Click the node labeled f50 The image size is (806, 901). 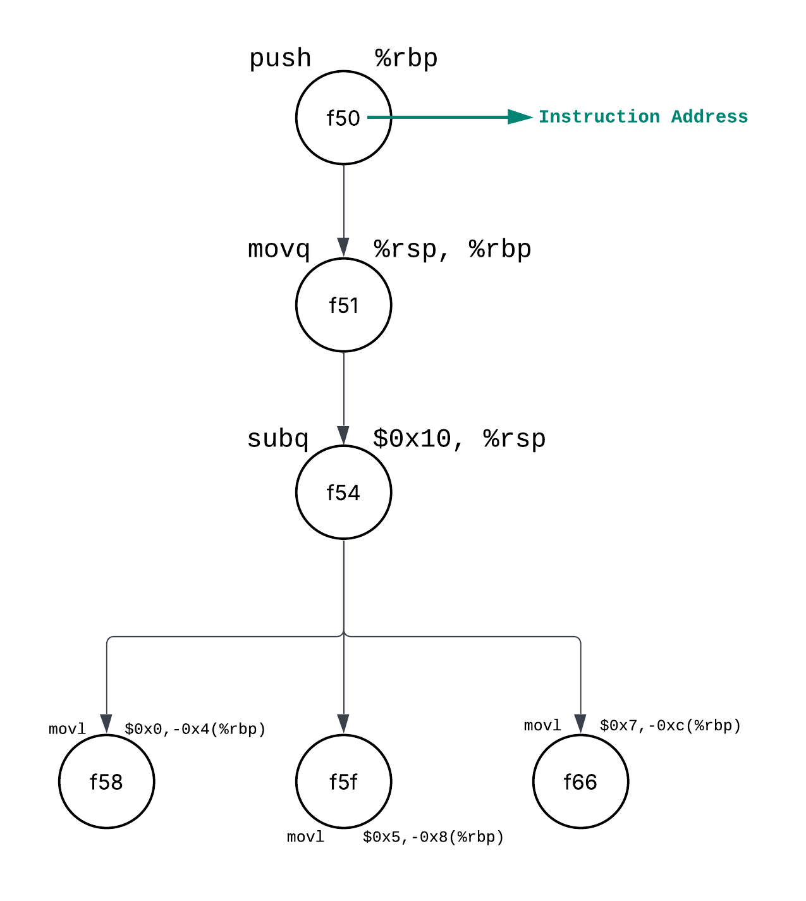click(x=343, y=118)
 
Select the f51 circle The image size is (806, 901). click(x=343, y=305)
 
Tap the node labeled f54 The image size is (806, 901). click(x=343, y=492)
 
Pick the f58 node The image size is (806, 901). click(x=106, y=781)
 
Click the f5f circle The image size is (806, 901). click(x=343, y=781)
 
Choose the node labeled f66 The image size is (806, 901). click(x=580, y=781)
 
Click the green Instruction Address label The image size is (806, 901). click(x=643, y=117)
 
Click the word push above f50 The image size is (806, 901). click(x=280, y=58)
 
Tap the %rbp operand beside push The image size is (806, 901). click(x=406, y=58)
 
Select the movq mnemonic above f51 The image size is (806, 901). click(x=279, y=249)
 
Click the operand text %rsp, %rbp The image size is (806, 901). click(x=452, y=249)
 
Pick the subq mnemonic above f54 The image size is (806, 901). click(x=278, y=439)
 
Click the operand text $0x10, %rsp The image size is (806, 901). click(x=459, y=439)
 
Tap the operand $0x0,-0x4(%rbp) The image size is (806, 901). click(x=195, y=729)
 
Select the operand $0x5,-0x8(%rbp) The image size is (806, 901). click(x=433, y=837)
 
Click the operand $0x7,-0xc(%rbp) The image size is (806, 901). click(x=670, y=725)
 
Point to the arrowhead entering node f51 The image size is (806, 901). click(x=343, y=247)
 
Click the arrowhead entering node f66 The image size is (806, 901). click(x=580, y=723)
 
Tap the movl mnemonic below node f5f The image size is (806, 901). click(x=305, y=837)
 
